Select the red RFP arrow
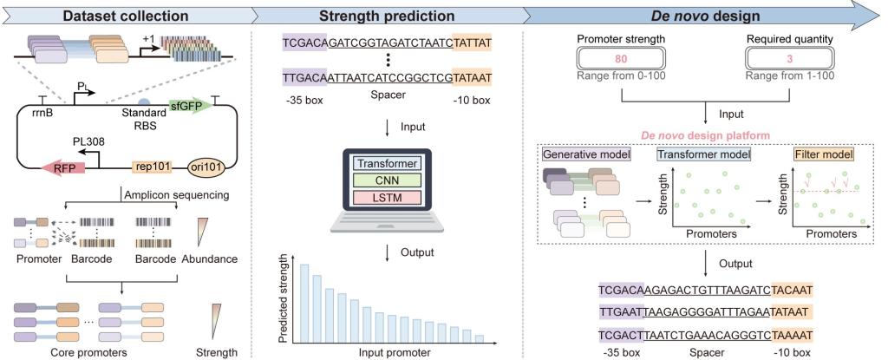(60, 168)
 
